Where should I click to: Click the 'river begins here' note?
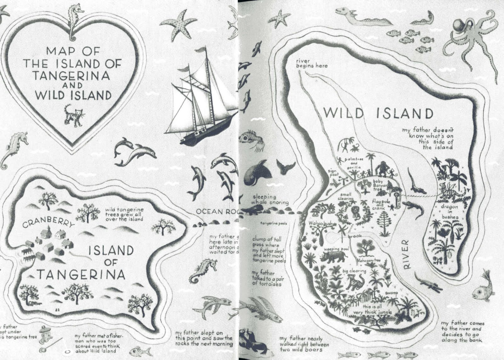click(311, 63)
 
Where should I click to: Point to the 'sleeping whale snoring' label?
click(270, 200)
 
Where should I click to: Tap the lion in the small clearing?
click(355, 214)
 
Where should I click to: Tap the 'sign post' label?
click(334, 172)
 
